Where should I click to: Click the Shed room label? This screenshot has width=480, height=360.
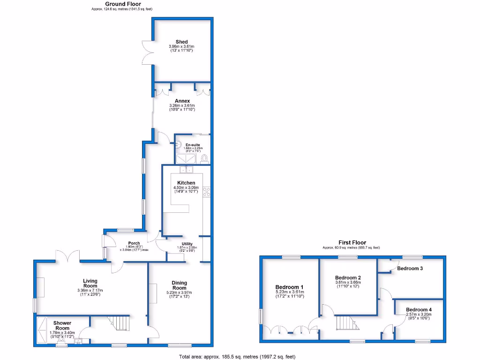[x=181, y=42]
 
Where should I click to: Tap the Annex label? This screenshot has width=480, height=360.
[x=182, y=101]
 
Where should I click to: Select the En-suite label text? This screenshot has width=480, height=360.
[x=192, y=145]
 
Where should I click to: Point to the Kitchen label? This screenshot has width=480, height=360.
[x=186, y=183]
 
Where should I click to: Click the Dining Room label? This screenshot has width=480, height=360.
[x=179, y=285]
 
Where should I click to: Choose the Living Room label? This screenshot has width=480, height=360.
[x=90, y=283]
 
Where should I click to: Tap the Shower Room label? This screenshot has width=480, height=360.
[x=62, y=325]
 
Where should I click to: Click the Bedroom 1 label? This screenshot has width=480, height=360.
[x=289, y=287]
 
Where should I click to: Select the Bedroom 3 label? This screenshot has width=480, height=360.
[x=410, y=269]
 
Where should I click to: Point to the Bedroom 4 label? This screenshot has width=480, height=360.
[x=419, y=310]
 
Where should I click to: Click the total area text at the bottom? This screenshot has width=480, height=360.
[x=237, y=356]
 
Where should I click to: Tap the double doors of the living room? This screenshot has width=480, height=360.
[x=68, y=256]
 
